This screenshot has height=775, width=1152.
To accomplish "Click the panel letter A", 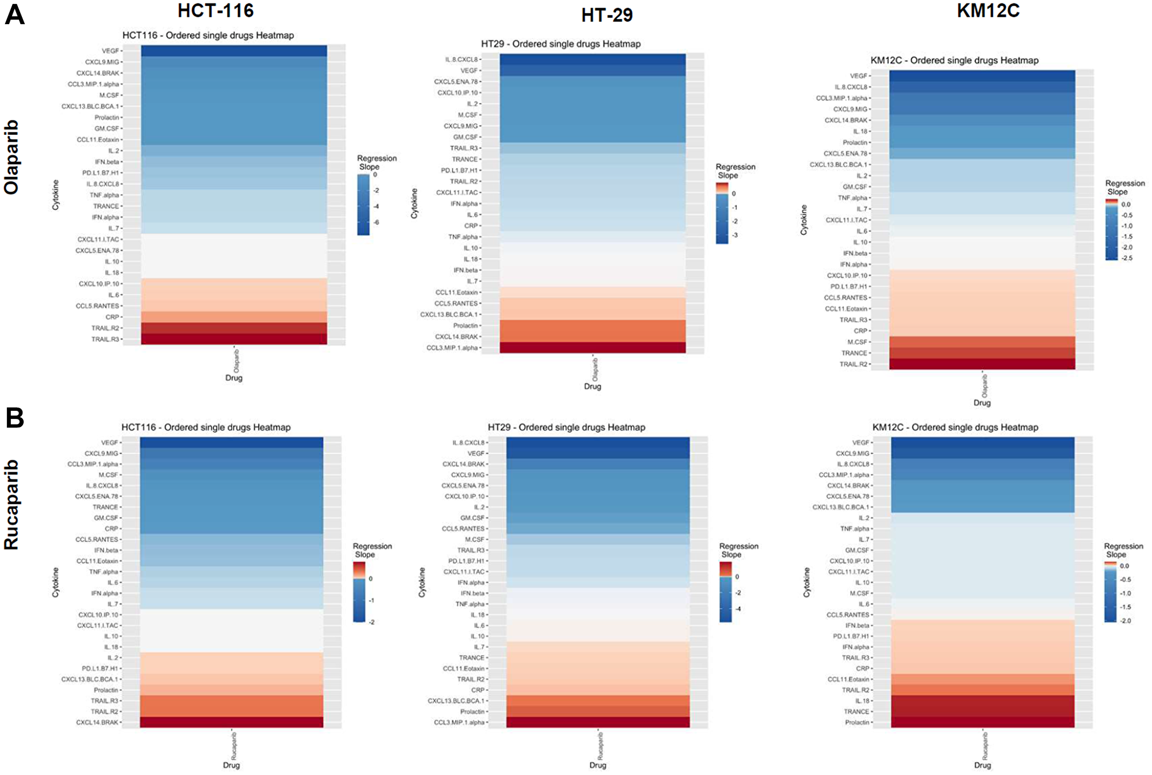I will click(x=14, y=14).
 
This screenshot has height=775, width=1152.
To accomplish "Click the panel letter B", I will click(x=14, y=418).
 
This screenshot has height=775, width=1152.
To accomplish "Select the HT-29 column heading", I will click(x=607, y=15).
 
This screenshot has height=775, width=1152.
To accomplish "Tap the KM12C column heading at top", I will click(x=988, y=10).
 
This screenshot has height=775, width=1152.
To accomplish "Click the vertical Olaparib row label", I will click(x=12, y=157).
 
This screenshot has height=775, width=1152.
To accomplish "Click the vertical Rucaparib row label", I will click(x=12, y=504).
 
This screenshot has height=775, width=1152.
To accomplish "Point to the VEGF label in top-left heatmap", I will click(x=110, y=51).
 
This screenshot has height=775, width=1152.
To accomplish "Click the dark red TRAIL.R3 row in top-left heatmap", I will click(x=234, y=339).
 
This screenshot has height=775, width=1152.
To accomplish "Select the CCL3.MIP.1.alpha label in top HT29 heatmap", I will click(x=452, y=347).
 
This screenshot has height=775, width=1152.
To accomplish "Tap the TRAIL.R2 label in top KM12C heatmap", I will click(x=853, y=364).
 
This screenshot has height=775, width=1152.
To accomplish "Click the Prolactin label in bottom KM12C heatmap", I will click(x=857, y=722).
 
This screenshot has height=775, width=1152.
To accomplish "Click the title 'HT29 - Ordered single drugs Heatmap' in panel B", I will click(x=566, y=427).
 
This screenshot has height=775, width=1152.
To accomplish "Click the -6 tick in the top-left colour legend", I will click(x=377, y=222).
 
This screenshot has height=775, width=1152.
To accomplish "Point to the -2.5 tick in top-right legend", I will click(x=1127, y=258).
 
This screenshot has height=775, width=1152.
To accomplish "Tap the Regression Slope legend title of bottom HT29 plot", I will click(x=738, y=550).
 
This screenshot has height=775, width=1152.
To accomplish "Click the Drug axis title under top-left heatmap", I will click(x=234, y=378).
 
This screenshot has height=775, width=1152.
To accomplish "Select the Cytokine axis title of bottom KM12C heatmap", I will click(x=806, y=582).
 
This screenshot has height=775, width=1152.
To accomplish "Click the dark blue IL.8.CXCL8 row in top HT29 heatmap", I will click(x=592, y=59).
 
